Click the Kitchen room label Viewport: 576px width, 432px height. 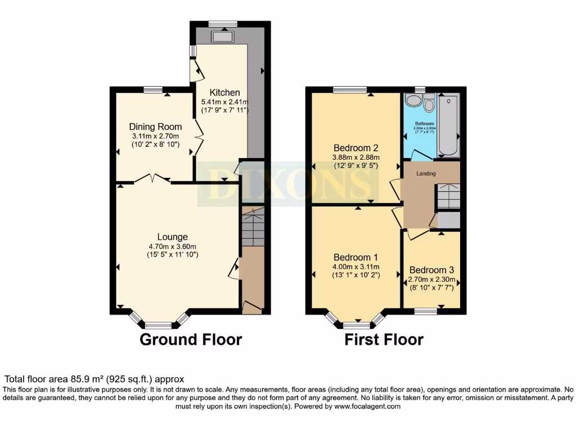click(x=225, y=92)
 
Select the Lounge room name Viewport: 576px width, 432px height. click(x=172, y=237)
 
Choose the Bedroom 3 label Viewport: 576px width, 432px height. click(x=432, y=269)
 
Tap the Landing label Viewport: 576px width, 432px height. click(x=426, y=173)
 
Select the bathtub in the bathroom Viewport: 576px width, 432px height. click(x=448, y=125)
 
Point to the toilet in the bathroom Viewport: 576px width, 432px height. click(x=430, y=104)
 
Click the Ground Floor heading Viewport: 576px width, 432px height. click(x=191, y=340)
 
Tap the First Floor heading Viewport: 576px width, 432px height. click(x=384, y=340)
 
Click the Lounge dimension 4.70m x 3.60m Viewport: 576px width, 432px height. click(x=172, y=246)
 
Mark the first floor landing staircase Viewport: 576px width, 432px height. click(x=448, y=196)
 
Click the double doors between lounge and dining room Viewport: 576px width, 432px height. click(x=152, y=179)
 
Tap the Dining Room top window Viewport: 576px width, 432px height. click(x=152, y=89)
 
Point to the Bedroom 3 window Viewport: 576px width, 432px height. click(x=426, y=310)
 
